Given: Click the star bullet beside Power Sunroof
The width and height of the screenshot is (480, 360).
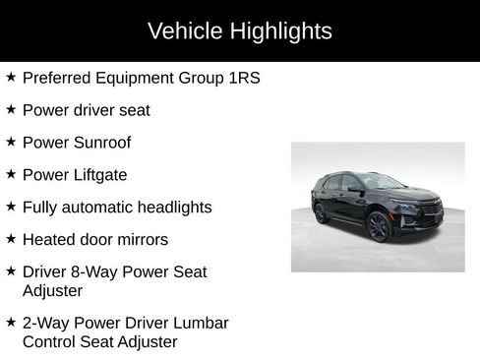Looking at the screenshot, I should coord(11,142).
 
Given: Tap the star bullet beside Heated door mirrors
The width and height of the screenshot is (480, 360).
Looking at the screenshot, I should coord(11,239).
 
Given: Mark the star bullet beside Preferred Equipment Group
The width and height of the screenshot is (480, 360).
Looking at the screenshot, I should coord(11,77).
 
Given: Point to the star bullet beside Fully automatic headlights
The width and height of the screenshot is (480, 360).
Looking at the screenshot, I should coord(11,207).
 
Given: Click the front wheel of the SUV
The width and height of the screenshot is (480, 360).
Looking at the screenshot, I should coord(379,228).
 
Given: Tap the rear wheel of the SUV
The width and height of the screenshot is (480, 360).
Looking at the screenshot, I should coord(319,213).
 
